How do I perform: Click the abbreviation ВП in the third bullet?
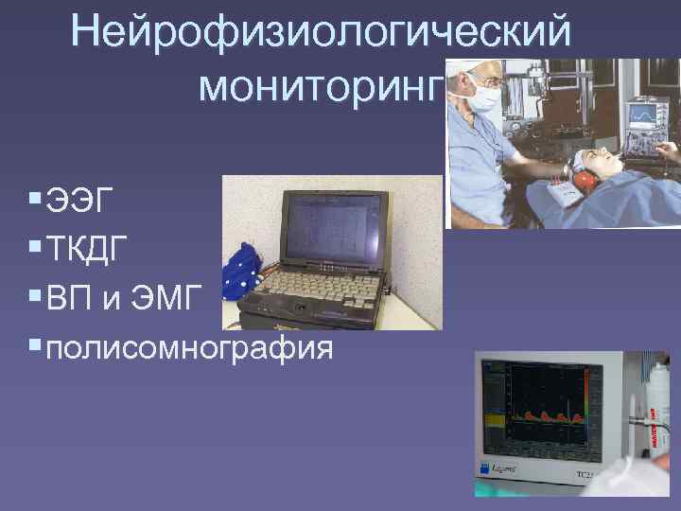click(x=71, y=299)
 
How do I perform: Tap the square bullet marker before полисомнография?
click(x=34, y=348)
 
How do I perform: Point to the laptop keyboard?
click(x=312, y=283)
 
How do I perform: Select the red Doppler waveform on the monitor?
click(x=549, y=415)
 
